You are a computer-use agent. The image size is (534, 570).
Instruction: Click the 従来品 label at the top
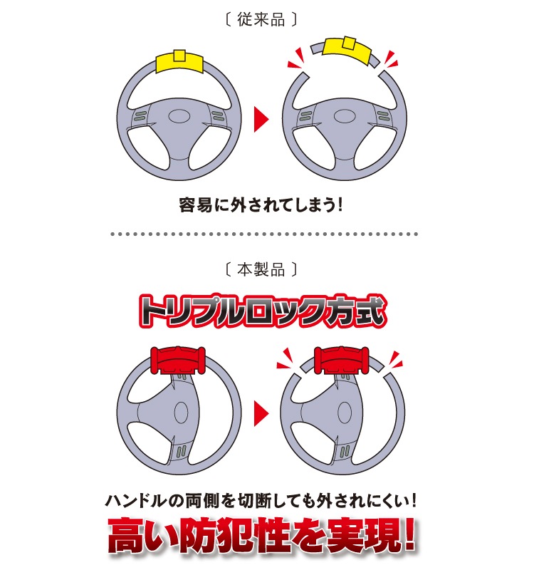(x=261, y=19)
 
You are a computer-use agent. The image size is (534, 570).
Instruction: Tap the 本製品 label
(x=261, y=270)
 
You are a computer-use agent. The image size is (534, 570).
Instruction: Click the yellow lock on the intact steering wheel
(x=179, y=61)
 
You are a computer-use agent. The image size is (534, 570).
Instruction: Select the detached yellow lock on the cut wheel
(x=347, y=49)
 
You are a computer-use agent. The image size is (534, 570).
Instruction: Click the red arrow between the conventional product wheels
(x=261, y=119)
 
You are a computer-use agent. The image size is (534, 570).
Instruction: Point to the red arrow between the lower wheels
(x=261, y=413)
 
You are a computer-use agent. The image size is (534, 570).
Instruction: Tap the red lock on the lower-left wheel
(x=178, y=360)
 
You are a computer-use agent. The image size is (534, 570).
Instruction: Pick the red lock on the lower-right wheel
(x=342, y=360)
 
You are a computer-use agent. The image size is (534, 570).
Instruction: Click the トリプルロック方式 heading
(x=262, y=311)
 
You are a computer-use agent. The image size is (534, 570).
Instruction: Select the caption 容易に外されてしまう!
(x=261, y=205)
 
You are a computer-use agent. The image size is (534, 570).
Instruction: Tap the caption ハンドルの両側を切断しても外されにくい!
(x=261, y=501)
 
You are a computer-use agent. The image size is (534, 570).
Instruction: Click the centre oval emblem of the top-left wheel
(x=179, y=117)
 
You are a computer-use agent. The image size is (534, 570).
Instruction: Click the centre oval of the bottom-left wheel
(x=182, y=413)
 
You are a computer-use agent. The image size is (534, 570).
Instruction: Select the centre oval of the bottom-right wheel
(x=345, y=413)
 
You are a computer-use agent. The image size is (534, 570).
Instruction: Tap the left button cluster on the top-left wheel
(x=140, y=116)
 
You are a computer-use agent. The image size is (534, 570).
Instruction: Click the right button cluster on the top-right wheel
(x=383, y=116)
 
